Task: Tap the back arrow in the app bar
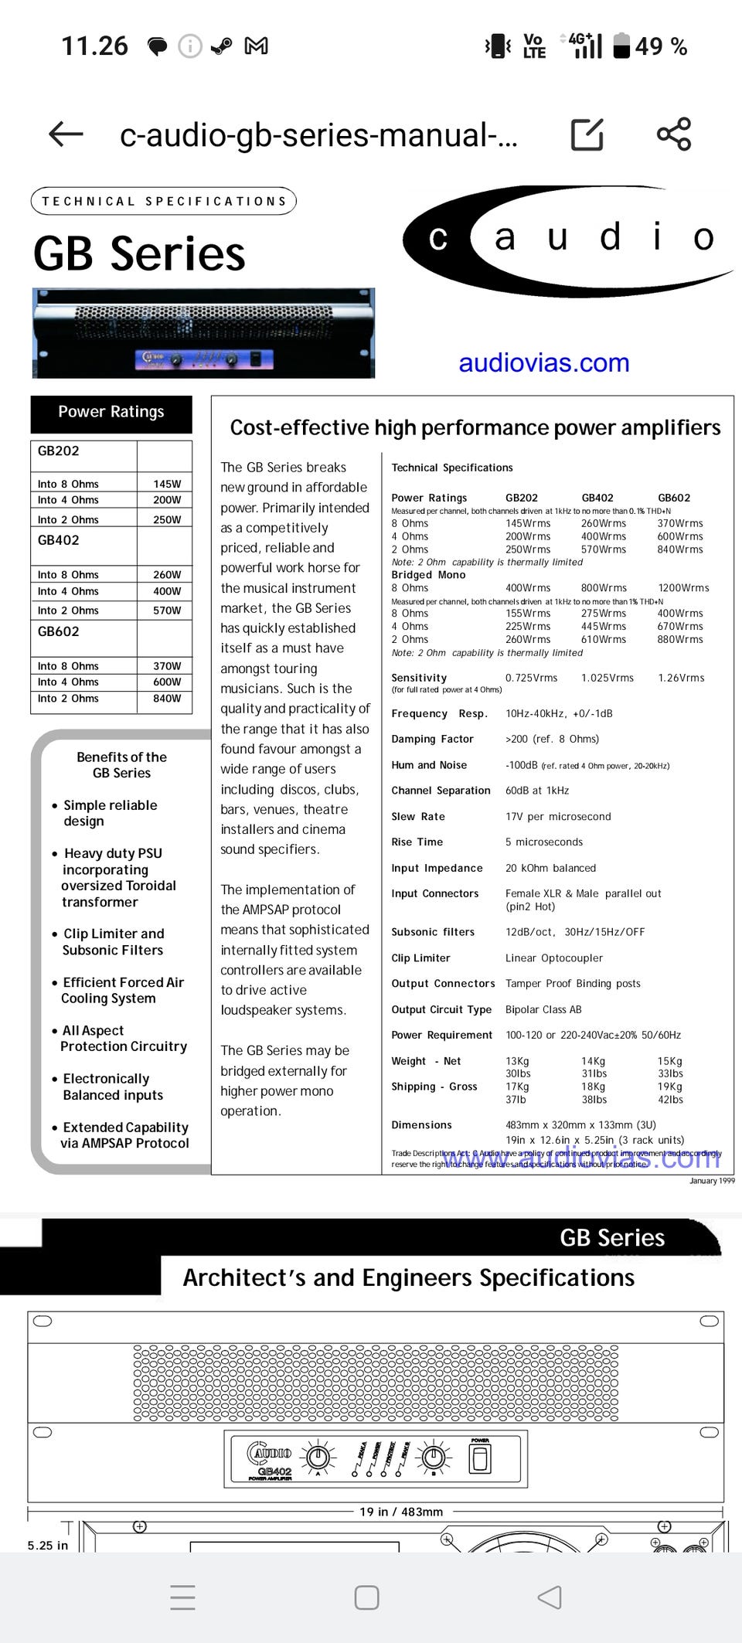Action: point(66,134)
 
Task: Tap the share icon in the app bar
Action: point(673,134)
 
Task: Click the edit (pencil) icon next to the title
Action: point(587,134)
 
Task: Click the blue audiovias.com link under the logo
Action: point(543,362)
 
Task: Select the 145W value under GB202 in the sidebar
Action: point(167,484)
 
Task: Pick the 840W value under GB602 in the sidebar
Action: point(167,699)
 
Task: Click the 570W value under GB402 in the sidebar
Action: point(167,611)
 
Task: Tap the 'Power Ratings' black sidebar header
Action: point(111,413)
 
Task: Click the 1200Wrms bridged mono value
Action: point(683,588)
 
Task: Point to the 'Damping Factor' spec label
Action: point(432,740)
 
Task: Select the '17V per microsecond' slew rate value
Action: point(558,817)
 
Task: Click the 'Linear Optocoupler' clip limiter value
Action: point(554,958)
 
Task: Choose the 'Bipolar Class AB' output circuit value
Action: point(543,1010)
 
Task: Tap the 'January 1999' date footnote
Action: point(712,1181)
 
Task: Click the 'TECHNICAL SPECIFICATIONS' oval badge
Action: point(164,201)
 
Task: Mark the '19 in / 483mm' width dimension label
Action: point(401,1512)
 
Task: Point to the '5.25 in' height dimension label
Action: point(48,1546)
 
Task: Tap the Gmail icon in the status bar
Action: point(256,46)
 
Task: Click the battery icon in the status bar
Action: point(621,46)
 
